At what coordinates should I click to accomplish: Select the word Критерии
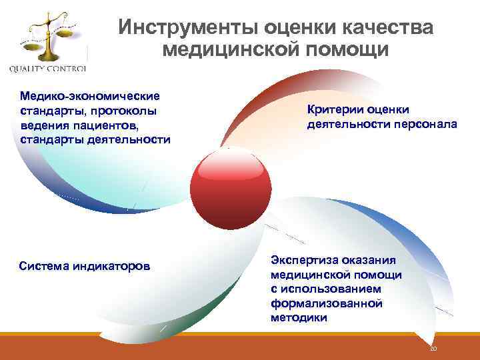(335, 109)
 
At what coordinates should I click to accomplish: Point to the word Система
(46, 267)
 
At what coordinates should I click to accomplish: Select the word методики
(299, 318)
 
